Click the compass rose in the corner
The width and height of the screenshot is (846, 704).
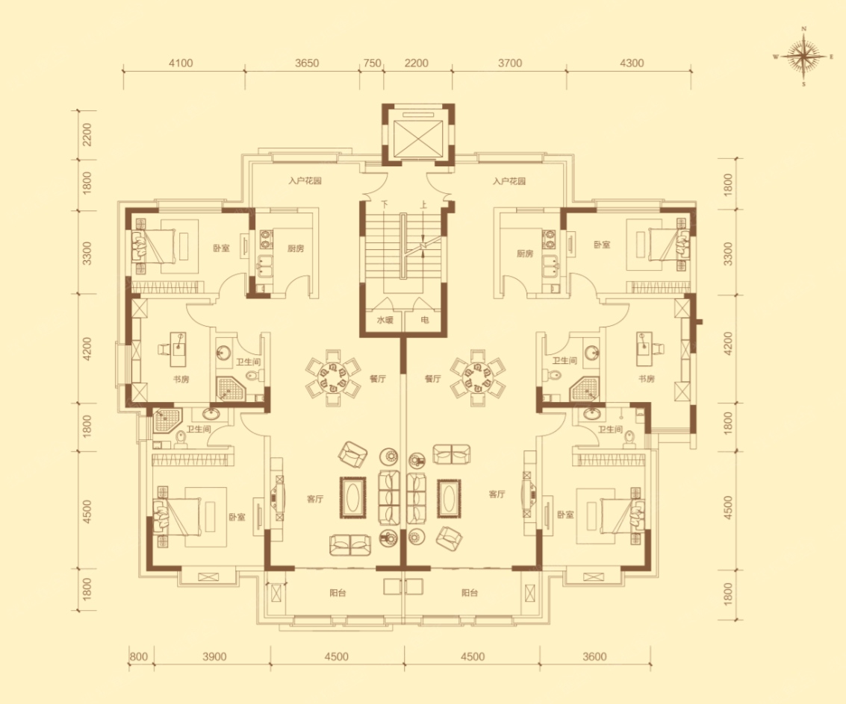[804, 56]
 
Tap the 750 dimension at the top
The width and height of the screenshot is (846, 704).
[373, 63]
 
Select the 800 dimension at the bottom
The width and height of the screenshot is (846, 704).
[139, 656]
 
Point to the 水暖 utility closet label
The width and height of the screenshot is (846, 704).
[385, 320]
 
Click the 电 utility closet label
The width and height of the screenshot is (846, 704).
[425, 320]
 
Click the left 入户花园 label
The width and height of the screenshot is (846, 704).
[305, 181]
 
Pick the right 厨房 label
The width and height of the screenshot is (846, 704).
[524, 254]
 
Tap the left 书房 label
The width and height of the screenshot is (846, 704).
[181, 379]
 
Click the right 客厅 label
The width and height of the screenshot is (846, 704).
[497, 494]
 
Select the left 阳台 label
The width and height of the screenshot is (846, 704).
[338, 593]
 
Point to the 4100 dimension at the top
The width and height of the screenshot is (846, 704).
[181, 63]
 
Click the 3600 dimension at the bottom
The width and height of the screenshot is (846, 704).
[594, 656]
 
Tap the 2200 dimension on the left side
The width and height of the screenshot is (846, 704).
[87, 135]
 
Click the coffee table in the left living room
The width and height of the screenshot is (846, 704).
[353, 497]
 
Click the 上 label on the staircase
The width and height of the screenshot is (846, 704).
[423, 205]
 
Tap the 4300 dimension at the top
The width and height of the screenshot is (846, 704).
[632, 63]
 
